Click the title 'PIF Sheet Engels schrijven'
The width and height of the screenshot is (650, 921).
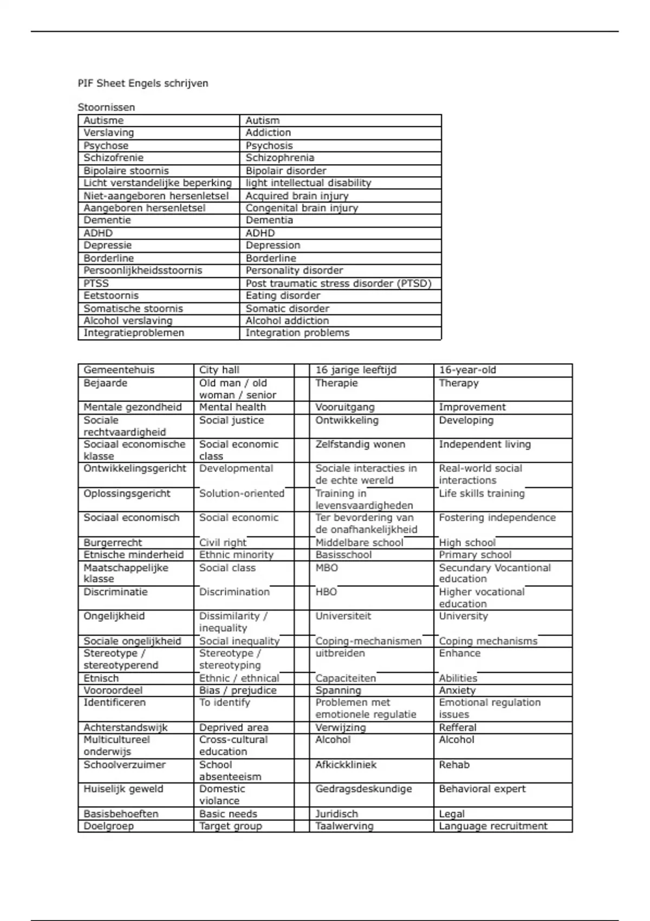[x=143, y=83]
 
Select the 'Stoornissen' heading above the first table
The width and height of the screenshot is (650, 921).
[x=106, y=107]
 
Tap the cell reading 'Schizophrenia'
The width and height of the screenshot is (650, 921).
[x=279, y=158]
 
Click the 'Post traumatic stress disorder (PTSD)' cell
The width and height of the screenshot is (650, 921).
[x=339, y=283]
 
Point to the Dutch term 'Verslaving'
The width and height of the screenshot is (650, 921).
[x=108, y=133]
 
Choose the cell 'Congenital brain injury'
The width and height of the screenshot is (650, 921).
[x=302, y=208]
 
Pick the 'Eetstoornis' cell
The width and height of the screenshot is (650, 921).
[x=111, y=296]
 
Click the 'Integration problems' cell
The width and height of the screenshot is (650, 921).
[x=297, y=333]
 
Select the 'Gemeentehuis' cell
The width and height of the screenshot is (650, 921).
[x=119, y=370]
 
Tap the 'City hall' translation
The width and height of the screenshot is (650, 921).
[x=219, y=370]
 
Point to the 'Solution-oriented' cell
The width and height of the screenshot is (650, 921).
[x=242, y=494]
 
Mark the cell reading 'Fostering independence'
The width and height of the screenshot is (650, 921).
[x=497, y=517]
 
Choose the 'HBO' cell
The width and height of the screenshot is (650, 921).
[x=326, y=592]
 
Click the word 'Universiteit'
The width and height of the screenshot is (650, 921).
[x=343, y=616]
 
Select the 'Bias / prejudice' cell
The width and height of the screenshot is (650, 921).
[x=238, y=690]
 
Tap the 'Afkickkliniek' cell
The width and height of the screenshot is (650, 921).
[x=346, y=764]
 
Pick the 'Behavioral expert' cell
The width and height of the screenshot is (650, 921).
[x=482, y=789]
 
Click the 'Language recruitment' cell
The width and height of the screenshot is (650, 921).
[x=493, y=826]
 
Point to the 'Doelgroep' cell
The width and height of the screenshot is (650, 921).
[x=108, y=826]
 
